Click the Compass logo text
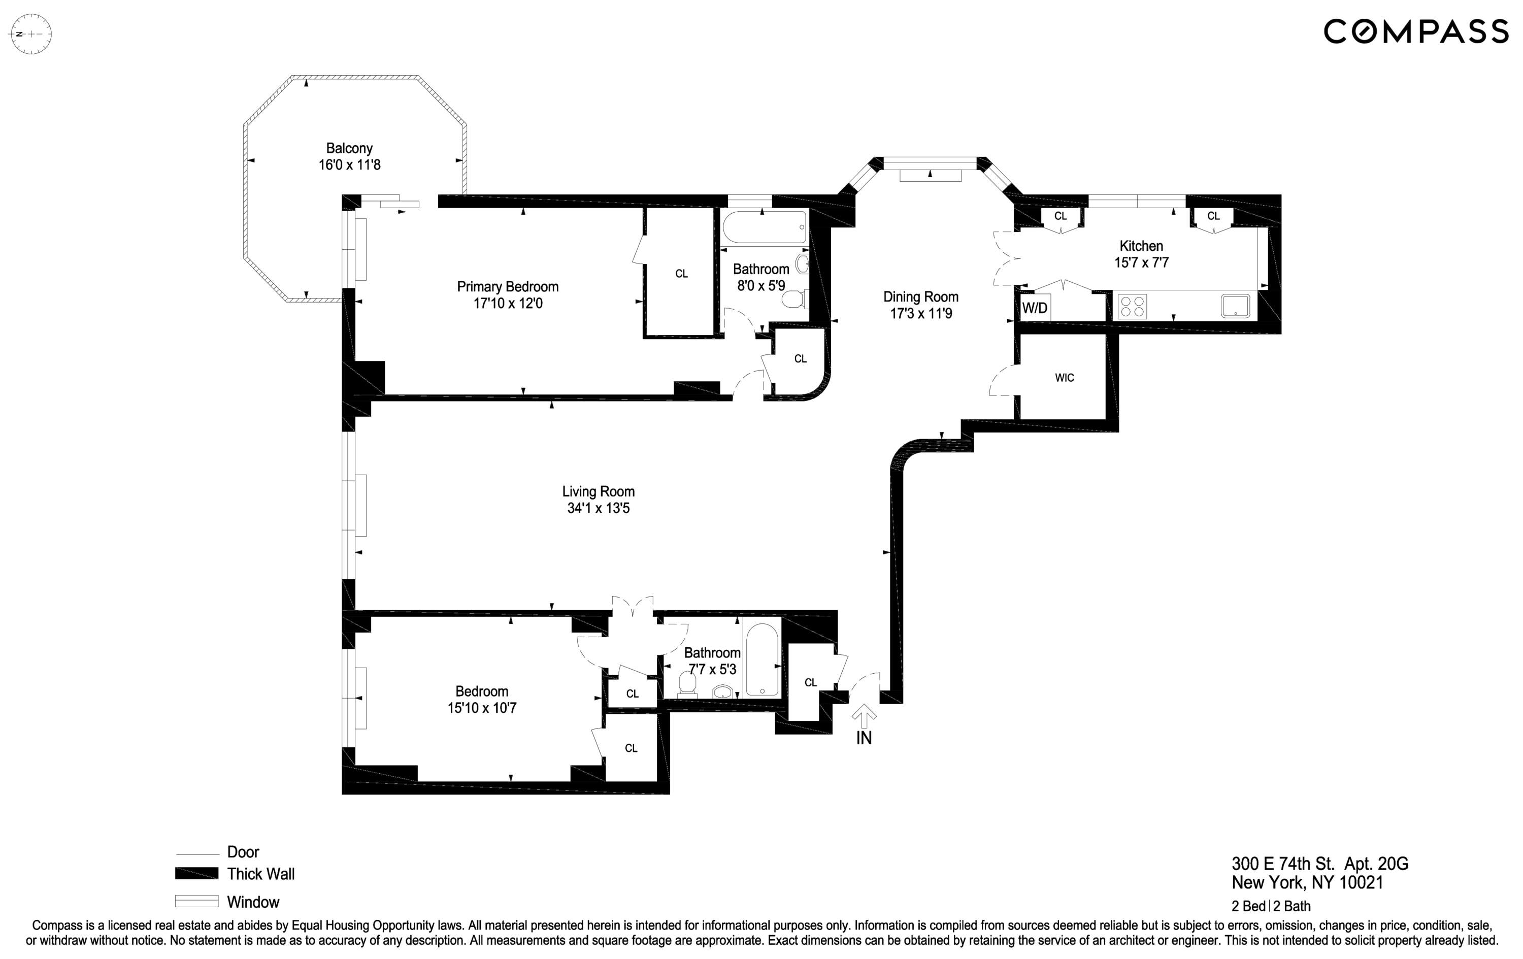point(1415,31)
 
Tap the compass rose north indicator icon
point(31,34)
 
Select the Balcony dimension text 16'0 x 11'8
point(349,165)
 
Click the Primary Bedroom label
point(507,286)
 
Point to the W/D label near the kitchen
point(1035,308)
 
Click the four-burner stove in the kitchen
point(1132,307)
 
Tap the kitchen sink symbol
point(1235,306)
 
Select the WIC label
point(1065,378)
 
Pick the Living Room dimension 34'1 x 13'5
point(599,509)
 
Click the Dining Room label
point(920,296)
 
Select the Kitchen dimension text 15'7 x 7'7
point(1141,262)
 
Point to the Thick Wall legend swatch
point(196,874)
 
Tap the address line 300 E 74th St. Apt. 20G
point(1319,864)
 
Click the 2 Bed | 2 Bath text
point(1271,906)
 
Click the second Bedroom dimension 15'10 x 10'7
point(482,708)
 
